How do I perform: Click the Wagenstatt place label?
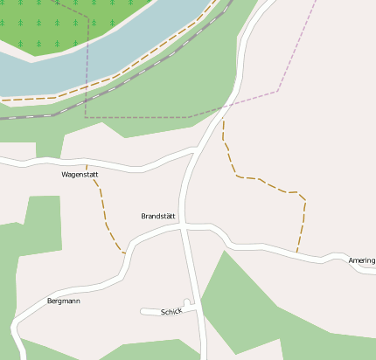coord(80,175)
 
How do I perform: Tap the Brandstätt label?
coord(158,216)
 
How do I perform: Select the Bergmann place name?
coord(63,301)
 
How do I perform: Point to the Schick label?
coord(171,312)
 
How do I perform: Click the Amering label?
coord(361,260)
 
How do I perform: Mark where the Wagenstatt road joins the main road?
coord(194,149)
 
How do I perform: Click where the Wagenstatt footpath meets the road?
coord(125,253)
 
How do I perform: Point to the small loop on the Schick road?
coord(186,302)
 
